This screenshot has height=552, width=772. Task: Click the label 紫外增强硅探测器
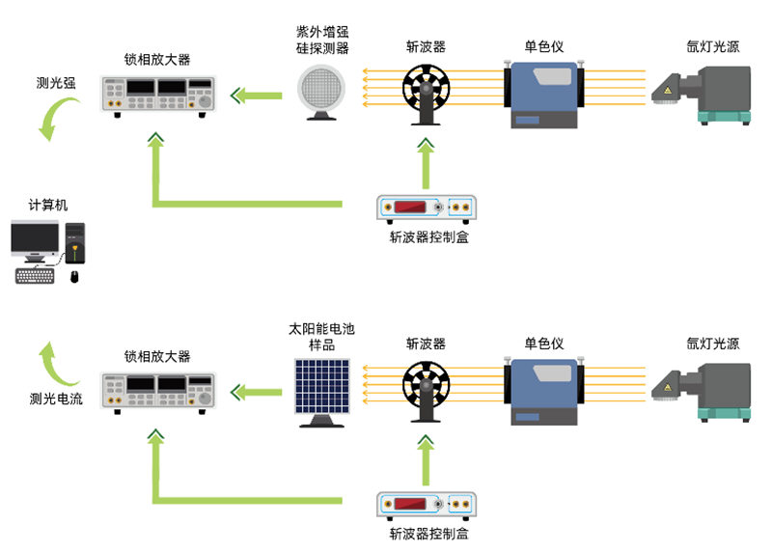coord(322,39)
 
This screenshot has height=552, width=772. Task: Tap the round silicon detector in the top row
coord(322,90)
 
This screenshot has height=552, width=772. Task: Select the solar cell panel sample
coord(323,386)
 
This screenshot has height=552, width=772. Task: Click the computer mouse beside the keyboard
coord(75,277)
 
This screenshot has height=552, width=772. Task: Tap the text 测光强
coord(56,83)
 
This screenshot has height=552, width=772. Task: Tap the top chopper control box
coord(427,207)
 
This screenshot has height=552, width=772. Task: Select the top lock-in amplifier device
coord(157,95)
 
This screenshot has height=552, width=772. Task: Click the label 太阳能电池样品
coord(321,337)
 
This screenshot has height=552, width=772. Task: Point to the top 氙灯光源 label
coord(713,46)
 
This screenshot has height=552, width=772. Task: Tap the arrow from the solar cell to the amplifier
coord(258,391)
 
